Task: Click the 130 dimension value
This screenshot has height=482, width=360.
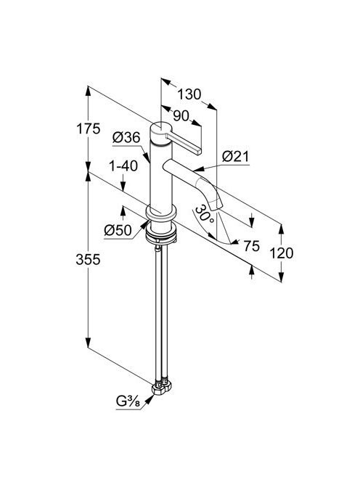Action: click(x=189, y=94)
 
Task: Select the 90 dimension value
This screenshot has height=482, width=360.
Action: click(x=181, y=116)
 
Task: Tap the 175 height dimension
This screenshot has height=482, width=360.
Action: click(x=89, y=128)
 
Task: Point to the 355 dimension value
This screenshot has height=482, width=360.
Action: click(x=89, y=259)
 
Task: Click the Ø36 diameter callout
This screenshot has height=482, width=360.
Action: click(x=126, y=137)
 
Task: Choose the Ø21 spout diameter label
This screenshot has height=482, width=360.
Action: click(x=236, y=157)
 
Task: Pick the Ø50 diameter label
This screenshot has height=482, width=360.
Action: click(x=118, y=230)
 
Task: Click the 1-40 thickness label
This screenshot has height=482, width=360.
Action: click(x=123, y=166)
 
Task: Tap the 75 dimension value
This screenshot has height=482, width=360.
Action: click(x=251, y=245)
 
